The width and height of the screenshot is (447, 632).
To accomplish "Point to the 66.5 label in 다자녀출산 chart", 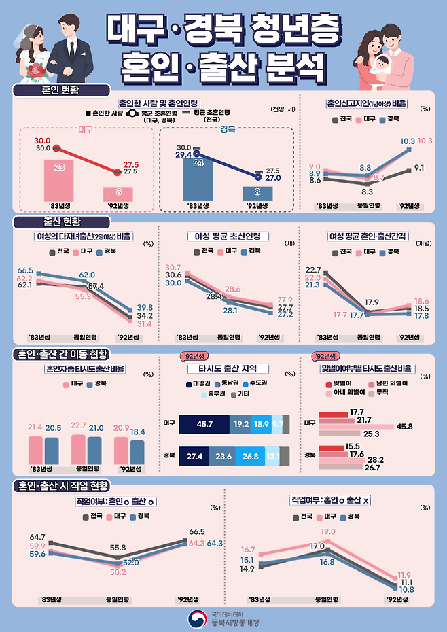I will tap(25, 270).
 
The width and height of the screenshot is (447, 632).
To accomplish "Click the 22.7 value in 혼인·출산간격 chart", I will tap(313, 270).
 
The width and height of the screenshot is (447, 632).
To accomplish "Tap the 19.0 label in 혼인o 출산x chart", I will tap(328, 532).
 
